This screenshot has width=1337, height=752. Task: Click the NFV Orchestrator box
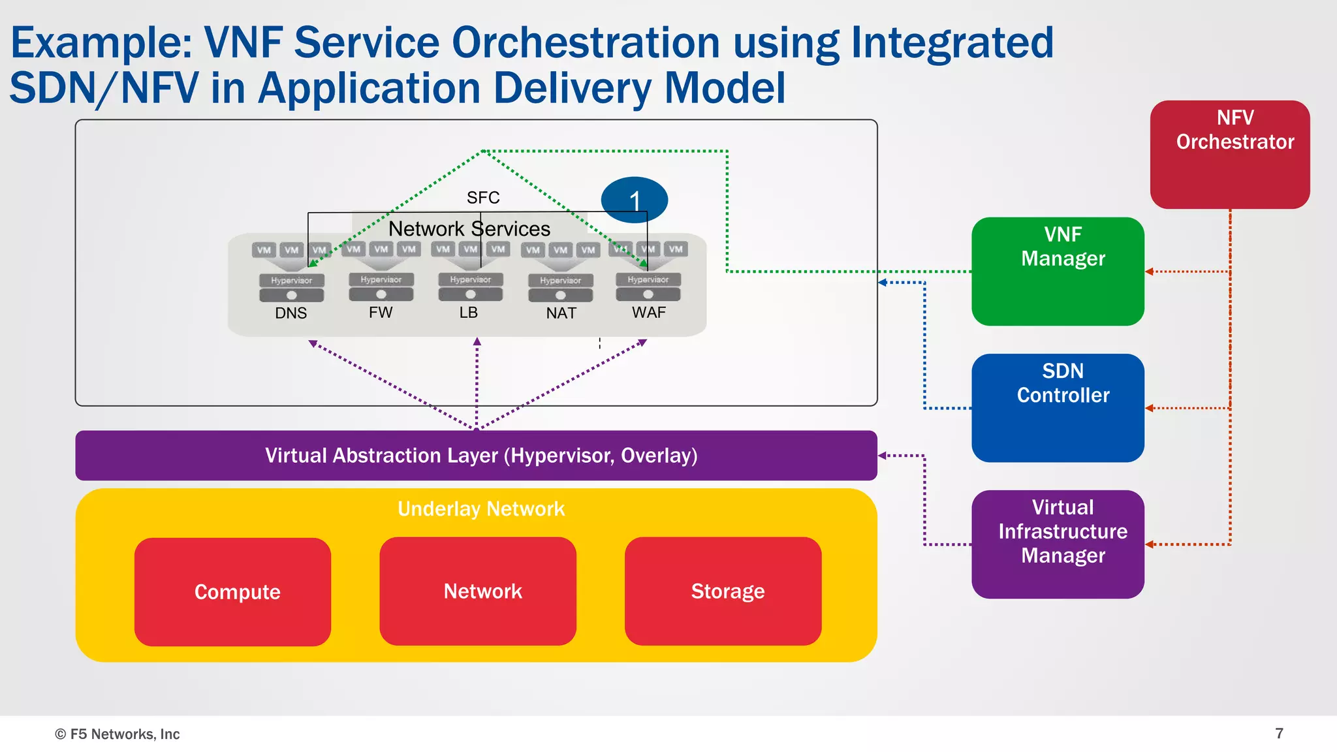(x=1229, y=155)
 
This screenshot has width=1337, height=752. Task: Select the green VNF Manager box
(x=1058, y=272)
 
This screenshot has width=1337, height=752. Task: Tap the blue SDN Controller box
(x=1058, y=408)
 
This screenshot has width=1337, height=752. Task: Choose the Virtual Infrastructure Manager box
(x=1058, y=544)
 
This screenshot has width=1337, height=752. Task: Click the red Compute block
(x=233, y=591)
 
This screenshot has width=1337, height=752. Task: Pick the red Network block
(x=478, y=591)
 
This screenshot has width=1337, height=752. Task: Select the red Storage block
(x=723, y=591)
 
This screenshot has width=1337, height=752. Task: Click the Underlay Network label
(x=481, y=509)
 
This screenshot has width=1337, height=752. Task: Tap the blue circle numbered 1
(x=634, y=200)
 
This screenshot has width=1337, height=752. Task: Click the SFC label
(x=483, y=197)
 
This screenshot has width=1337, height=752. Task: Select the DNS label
(x=291, y=313)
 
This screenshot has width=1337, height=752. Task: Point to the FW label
(x=381, y=313)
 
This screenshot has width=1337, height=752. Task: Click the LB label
(x=469, y=313)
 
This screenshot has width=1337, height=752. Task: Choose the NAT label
(x=561, y=313)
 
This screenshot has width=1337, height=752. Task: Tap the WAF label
(x=649, y=313)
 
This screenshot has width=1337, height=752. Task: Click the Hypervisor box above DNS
(x=292, y=280)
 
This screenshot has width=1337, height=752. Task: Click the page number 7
(x=1280, y=733)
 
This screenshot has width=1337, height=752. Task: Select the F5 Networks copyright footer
(x=118, y=734)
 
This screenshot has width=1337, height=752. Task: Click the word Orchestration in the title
(x=586, y=42)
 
